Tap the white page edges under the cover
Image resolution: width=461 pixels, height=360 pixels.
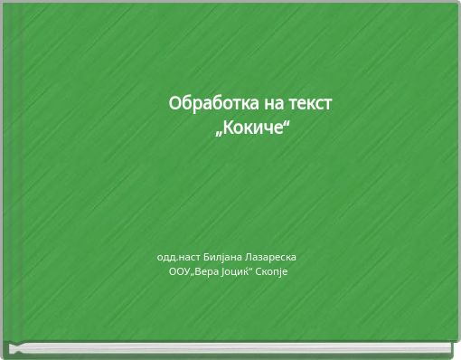point(230,349)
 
